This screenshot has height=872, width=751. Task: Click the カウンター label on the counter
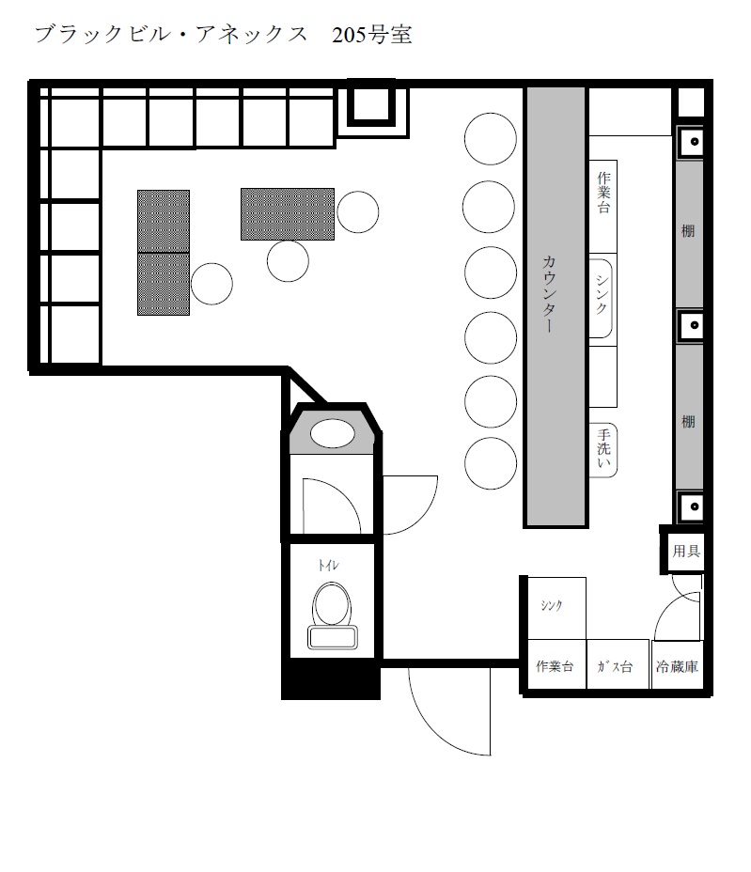549,293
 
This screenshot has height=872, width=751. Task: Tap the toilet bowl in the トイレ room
332,615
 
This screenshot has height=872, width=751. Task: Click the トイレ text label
328,566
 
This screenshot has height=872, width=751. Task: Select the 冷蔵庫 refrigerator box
677,665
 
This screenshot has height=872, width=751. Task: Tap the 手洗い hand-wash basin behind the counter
603,450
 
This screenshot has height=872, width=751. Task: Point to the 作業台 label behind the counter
603,193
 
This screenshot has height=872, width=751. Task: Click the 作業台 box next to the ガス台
555,665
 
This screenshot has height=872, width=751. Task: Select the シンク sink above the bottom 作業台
555,608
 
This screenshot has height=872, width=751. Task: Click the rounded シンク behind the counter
601,298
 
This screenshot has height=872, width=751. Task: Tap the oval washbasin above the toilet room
332,434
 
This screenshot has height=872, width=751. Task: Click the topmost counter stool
490,138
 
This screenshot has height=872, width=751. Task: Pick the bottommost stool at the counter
490,463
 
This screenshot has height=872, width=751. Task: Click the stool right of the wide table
358,211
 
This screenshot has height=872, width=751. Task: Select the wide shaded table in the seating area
288,214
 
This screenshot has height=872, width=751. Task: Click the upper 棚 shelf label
688,230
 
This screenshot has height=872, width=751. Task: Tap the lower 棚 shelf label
688,422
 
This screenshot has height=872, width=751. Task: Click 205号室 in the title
371,35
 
